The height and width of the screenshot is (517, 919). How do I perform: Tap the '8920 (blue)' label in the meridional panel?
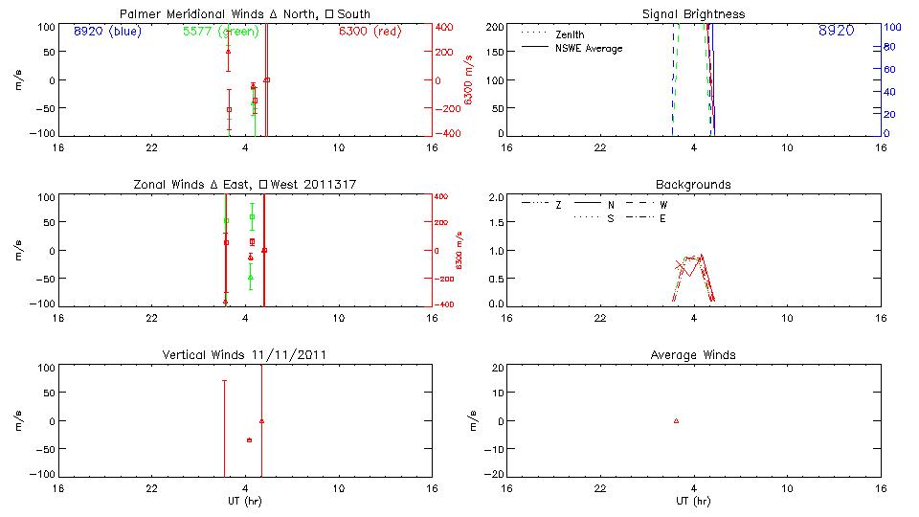coord(105,31)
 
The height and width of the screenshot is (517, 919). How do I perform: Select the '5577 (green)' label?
coord(220,31)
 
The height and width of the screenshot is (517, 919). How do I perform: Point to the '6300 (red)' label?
coord(370,31)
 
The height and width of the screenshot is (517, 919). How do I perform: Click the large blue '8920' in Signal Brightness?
coord(836,32)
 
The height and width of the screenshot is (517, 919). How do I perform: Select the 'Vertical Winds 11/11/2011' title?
coord(245,355)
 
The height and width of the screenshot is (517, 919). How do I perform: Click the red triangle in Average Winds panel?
coord(676,420)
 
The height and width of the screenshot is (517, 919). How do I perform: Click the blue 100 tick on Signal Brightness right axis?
coord(888,27)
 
